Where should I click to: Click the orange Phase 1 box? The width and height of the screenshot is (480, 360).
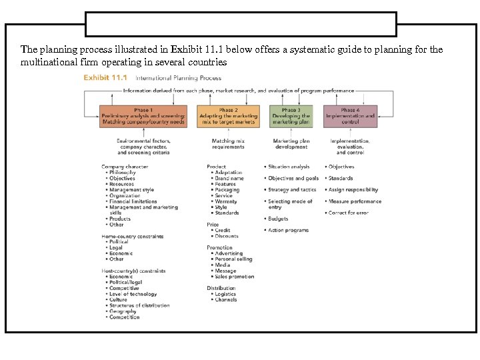point(143,116)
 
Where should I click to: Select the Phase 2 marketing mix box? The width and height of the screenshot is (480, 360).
point(228,116)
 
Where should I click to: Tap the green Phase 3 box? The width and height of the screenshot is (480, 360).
point(291,116)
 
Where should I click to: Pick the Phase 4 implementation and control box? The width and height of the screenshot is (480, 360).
point(350,116)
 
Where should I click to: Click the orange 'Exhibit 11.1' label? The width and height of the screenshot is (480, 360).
point(105,78)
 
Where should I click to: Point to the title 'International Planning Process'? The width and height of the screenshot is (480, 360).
point(178,78)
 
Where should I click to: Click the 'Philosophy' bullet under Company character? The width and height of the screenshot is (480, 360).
point(122,173)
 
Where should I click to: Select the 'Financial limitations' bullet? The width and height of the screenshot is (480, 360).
point(133,201)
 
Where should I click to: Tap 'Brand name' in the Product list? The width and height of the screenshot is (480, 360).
point(229,179)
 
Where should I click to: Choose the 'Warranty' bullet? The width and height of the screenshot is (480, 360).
point(226,201)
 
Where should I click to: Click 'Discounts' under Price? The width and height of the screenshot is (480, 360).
point(227,236)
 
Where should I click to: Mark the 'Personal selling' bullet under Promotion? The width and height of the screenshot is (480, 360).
point(233,259)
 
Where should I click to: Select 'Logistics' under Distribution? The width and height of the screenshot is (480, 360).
point(225,294)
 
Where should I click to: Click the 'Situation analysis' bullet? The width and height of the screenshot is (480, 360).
point(289,167)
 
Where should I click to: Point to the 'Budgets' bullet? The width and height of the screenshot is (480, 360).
point(278,219)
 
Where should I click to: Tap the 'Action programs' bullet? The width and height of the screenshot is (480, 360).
point(288,230)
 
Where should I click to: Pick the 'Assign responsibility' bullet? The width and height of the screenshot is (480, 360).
point(353,190)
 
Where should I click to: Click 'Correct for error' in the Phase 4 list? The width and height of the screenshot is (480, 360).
point(349,213)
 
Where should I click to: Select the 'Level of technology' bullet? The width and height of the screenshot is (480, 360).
point(133,294)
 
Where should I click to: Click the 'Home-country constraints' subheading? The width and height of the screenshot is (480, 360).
point(133,236)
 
